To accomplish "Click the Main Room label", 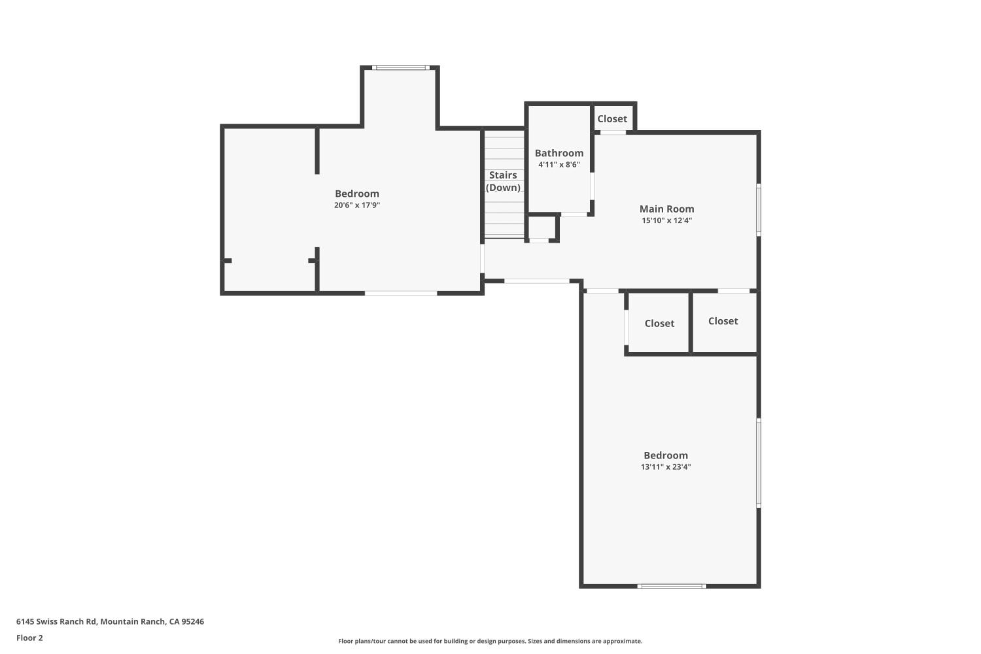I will click(666, 209).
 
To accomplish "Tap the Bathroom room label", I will click(559, 153).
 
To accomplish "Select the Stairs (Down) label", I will click(503, 181).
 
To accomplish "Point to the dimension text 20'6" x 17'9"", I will click(357, 205).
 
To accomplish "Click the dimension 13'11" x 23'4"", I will click(666, 467).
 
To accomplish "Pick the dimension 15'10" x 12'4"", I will click(666, 220).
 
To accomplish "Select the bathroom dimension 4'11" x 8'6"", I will click(559, 165).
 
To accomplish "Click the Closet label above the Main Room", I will click(612, 119).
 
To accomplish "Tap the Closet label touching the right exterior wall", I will click(723, 321).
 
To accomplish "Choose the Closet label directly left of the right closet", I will click(659, 324).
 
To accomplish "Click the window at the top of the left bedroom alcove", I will click(400, 67).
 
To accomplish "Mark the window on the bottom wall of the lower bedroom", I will click(672, 586).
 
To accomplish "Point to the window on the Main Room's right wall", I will click(759, 209).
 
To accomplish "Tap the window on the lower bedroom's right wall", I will click(759, 463).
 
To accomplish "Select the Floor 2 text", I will click(29, 638).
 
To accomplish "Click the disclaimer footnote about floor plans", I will click(490, 642).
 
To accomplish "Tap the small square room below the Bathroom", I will click(542, 228).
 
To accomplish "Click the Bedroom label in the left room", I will click(357, 194).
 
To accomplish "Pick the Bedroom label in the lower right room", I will click(666, 456).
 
